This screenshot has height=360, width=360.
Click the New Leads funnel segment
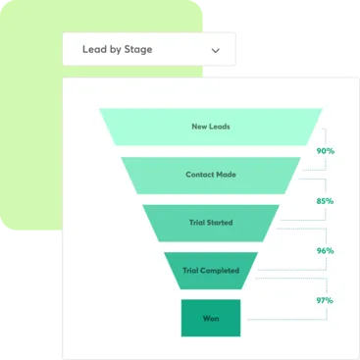211,127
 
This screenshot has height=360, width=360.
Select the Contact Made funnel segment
211,175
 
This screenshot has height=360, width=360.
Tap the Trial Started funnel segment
211,223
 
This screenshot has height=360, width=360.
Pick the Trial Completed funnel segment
211,271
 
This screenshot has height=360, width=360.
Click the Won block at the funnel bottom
211,318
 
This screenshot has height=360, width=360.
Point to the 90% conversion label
325,151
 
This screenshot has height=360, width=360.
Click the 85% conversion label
325,202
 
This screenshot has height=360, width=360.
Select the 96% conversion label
325,250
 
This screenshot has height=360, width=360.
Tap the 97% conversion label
325,299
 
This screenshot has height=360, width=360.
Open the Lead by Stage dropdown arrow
216,49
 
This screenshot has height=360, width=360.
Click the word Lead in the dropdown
93,49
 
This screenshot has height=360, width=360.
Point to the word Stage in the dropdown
137,49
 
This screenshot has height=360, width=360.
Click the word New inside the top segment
200,127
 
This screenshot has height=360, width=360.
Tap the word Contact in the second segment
200,175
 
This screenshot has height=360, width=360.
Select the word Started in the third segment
220,223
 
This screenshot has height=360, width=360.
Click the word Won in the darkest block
211,318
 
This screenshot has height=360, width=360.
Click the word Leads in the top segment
219,127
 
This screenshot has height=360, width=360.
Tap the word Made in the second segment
226,175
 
